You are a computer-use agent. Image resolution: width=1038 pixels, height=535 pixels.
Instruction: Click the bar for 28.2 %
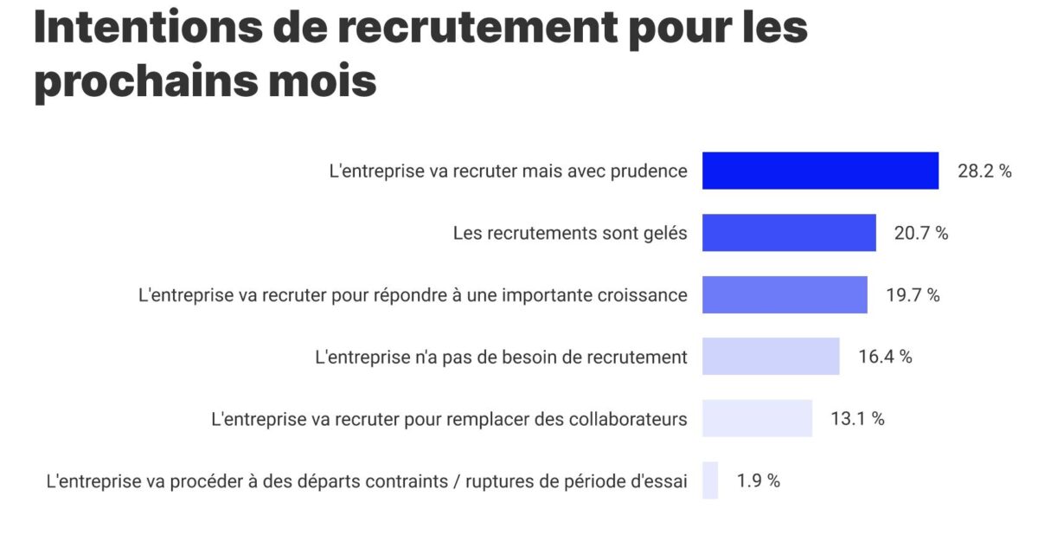820,171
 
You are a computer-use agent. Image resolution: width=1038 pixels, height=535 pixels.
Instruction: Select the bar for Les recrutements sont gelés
789,233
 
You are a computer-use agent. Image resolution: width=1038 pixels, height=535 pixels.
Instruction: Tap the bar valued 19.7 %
785,294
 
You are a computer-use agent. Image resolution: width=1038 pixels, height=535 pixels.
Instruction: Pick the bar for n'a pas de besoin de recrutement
771,357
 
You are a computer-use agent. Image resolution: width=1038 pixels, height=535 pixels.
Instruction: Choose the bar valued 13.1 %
757,418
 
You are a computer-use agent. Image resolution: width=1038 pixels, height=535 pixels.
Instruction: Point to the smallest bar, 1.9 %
710,480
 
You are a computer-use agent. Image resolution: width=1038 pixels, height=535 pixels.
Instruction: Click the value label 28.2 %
984,171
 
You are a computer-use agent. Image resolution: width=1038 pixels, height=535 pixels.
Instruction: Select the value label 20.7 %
921,234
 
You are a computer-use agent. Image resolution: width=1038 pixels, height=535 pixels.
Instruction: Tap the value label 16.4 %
885,357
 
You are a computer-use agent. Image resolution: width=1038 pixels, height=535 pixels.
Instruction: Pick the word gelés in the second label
665,234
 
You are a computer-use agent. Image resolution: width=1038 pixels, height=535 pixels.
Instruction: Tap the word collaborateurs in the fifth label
628,419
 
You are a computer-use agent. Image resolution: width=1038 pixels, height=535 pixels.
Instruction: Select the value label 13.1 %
857,419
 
